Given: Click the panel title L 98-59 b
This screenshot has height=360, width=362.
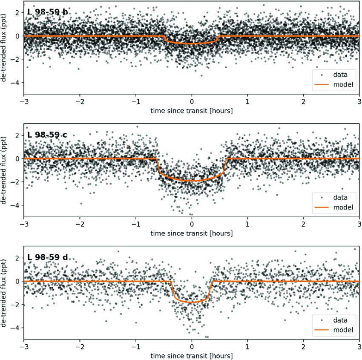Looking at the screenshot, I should (47, 12).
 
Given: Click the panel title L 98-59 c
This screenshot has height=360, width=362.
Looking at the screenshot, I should (47, 135).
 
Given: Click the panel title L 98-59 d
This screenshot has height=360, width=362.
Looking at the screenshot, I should (47, 257).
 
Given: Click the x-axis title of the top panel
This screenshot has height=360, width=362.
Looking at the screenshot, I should (192, 111).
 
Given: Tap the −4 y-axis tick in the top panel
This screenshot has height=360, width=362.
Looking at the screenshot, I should (16, 83).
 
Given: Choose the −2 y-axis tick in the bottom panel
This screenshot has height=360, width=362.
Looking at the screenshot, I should (16, 305).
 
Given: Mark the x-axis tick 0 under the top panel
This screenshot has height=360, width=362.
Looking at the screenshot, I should (192, 102).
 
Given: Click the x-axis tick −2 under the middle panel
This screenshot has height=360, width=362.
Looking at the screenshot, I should (79, 225).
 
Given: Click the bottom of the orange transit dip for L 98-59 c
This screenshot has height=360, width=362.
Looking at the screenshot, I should (192, 181).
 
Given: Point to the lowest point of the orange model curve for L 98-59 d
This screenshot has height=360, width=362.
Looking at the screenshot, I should (192, 302).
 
